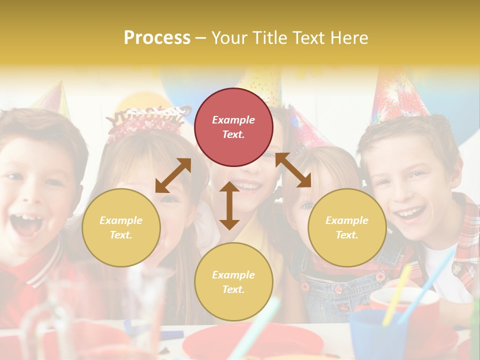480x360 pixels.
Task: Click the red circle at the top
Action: click(233, 127)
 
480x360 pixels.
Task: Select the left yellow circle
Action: click(121, 227)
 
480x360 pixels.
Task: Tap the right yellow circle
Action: click(347, 227)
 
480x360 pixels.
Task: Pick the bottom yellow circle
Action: click(233, 282)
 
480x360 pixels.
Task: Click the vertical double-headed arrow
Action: click(229, 205)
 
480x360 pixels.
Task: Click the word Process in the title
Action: click(157, 37)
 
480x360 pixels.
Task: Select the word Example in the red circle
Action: click(233, 120)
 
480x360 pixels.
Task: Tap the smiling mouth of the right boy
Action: click(411, 214)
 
